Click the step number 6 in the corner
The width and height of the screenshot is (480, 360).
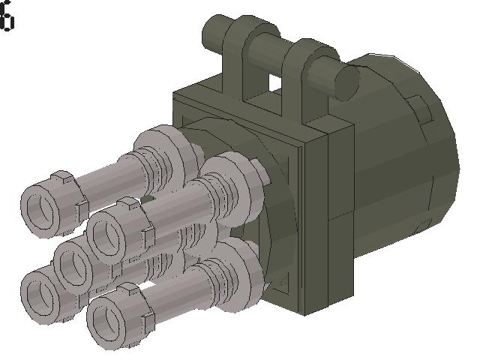click(7, 19)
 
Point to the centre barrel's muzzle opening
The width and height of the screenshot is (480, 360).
click(73, 262)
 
